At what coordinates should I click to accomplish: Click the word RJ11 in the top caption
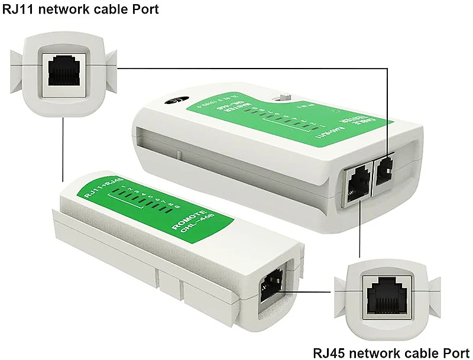[18, 10]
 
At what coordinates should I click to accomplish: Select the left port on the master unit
[358, 182]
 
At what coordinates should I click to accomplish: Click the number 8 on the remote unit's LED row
[176, 206]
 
